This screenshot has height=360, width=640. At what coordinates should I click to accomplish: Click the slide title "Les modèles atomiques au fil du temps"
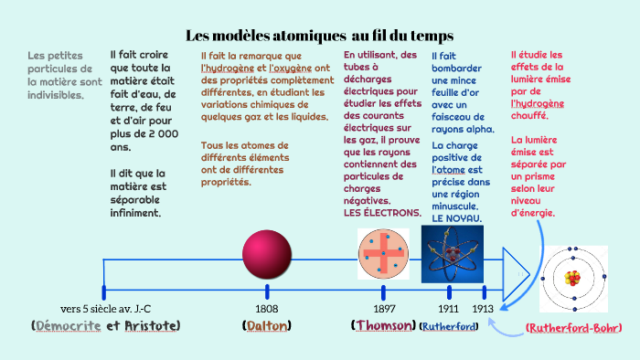(320, 36)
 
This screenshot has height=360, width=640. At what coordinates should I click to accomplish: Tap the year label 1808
(267, 308)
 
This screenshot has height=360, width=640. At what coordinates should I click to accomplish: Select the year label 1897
(384, 308)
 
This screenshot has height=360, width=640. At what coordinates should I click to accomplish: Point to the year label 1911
(448, 308)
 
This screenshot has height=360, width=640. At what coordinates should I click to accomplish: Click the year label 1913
(484, 308)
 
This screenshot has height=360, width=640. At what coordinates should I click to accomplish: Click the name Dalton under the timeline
(267, 325)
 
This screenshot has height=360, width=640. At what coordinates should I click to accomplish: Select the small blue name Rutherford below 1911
(448, 326)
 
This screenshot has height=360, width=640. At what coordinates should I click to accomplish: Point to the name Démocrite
(67, 325)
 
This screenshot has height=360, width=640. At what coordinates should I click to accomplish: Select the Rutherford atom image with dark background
(452, 253)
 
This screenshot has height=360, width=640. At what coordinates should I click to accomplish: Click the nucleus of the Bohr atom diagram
(574, 277)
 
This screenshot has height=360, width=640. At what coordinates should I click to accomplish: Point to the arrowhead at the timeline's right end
(517, 271)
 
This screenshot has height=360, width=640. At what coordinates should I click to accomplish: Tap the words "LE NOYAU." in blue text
(457, 219)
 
